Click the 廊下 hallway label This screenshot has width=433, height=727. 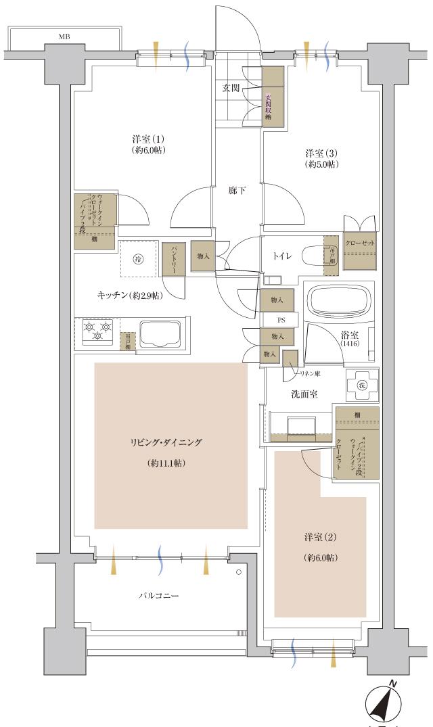[x=237, y=191]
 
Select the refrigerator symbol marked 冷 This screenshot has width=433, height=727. [x=138, y=258]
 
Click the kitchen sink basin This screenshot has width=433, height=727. [x=160, y=334]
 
